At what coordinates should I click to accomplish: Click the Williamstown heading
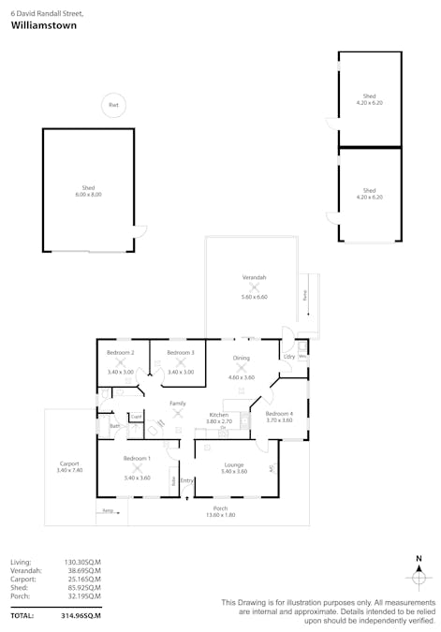pos(44,26)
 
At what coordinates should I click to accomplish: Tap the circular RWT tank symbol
pos(113,106)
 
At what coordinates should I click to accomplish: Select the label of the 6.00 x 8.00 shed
pos(88,188)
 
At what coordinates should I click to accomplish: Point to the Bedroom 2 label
pos(121,352)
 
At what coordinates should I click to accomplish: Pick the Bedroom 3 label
pos(181,352)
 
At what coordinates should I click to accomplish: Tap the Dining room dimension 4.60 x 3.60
pos(242,377)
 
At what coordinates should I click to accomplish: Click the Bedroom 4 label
pos(279,413)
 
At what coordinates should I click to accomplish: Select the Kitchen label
pos(219,414)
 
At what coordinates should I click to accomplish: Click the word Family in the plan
pos(177,403)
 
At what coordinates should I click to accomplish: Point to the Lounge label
pos(233,464)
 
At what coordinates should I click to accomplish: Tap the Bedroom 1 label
pos(137,459)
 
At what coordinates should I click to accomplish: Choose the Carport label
pos(68,463)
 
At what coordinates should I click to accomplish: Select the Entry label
pos(187,480)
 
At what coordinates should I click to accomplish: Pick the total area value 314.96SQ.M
pos(82,615)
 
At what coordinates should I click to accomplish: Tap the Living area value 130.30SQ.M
pos(82,562)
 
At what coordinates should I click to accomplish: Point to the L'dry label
pos(289,356)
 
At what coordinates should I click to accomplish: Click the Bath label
pos(113,426)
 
